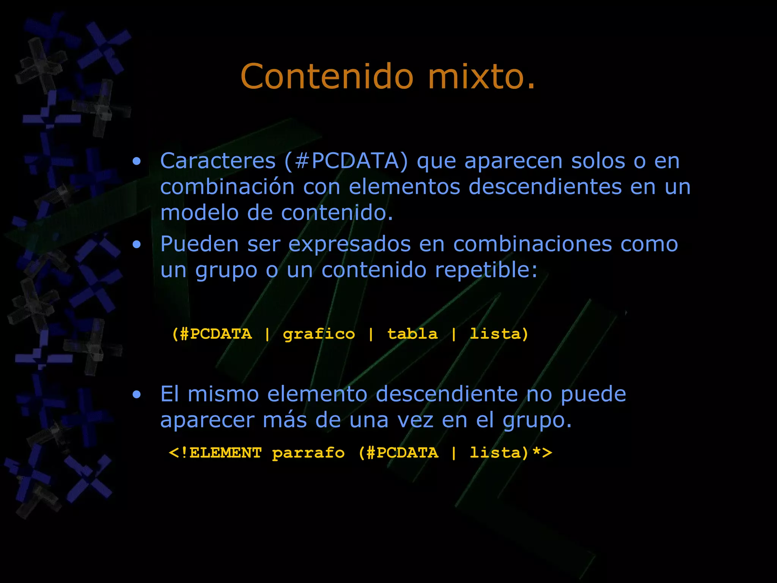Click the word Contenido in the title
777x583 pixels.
pos(327,77)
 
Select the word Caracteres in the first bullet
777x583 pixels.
pos(218,161)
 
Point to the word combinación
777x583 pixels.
pos(227,187)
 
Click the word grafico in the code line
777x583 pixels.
pos(319,334)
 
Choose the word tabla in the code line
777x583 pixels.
pos(412,334)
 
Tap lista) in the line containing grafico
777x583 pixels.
pos(499,334)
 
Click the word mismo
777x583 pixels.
pos(223,394)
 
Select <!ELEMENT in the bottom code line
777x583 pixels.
pos(215,453)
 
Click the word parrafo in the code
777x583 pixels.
pos(308,453)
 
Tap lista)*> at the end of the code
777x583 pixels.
pos(511,453)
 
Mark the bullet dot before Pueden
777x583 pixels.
pos(137,245)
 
